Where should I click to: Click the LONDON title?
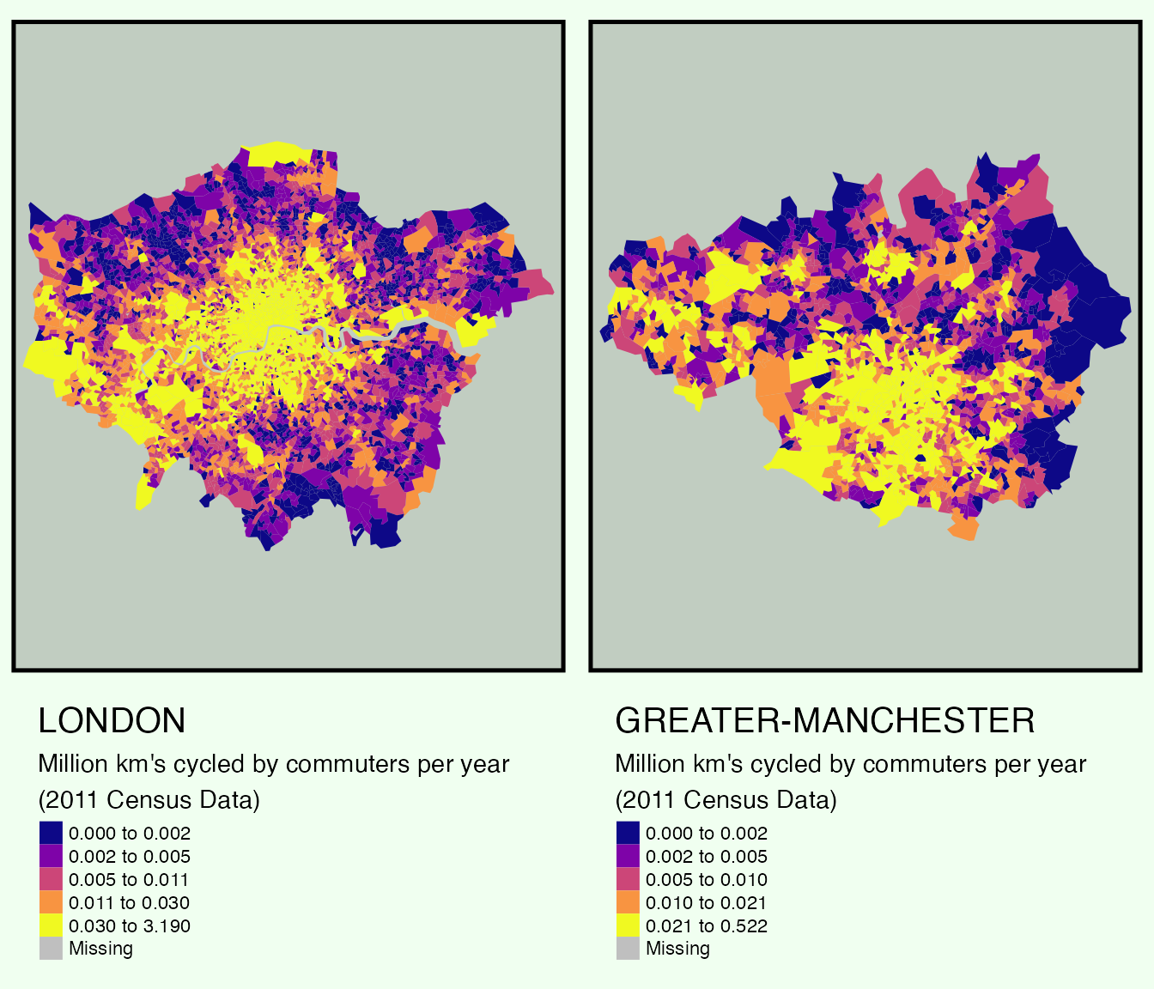tap(112, 720)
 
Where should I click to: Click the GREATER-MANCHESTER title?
tap(824, 720)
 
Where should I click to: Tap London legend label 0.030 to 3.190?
tap(130, 925)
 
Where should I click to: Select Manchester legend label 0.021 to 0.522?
tap(707, 925)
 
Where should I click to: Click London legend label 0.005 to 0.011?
tap(129, 879)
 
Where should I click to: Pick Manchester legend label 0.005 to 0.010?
tap(707, 879)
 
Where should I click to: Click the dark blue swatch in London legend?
tap(51, 833)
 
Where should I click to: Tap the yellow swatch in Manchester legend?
tap(628, 925)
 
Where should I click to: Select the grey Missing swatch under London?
tap(51, 949)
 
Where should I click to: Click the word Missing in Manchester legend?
tap(677, 949)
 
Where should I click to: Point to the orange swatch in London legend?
tap(51, 902)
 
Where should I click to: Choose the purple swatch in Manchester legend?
tap(628, 856)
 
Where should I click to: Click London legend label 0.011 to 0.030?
tap(129, 902)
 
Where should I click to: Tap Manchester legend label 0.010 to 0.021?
tap(707, 902)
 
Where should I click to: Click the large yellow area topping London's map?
tap(279, 154)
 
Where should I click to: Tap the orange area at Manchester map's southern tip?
tap(964, 530)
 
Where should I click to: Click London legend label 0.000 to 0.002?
tap(130, 833)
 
